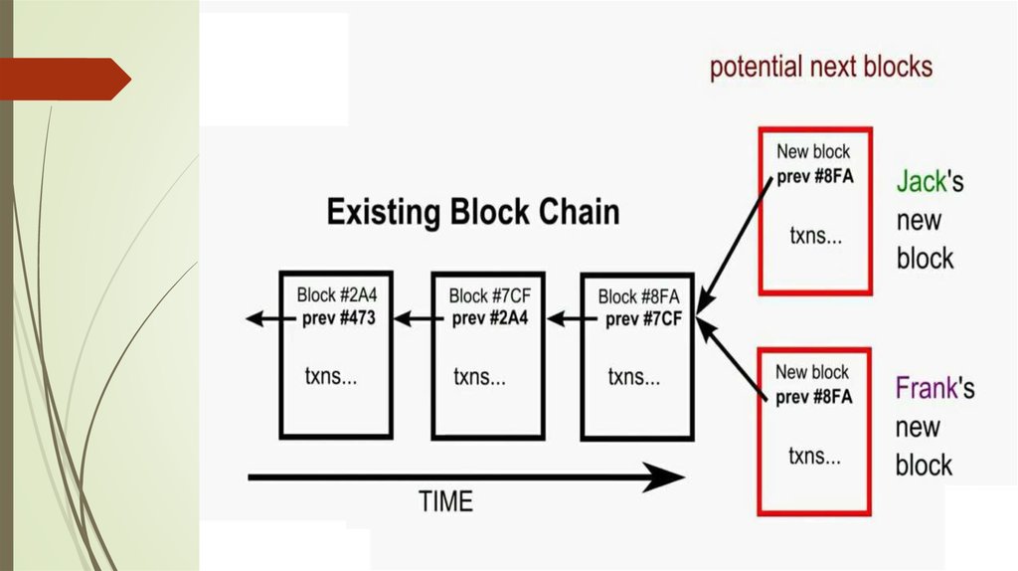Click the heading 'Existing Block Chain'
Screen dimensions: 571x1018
tap(473, 212)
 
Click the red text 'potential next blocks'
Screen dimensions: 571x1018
tap(821, 68)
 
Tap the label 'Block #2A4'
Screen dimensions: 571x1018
tap(336, 295)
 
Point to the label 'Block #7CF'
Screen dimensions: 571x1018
tap(488, 295)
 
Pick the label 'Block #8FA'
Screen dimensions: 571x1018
tap(638, 296)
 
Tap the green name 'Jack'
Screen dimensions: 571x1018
tap(920, 182)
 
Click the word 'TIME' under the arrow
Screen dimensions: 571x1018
tap(444, 502)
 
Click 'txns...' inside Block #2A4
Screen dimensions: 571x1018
tap(331, 377)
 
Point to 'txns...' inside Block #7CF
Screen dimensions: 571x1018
tap(480, 378)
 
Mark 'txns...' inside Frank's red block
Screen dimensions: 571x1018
tap(815, 457)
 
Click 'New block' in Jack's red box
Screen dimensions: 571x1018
tap(813, 152)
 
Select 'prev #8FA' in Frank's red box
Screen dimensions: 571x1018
tap(814, 397)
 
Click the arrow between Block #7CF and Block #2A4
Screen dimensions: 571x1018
tap(414, 319)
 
